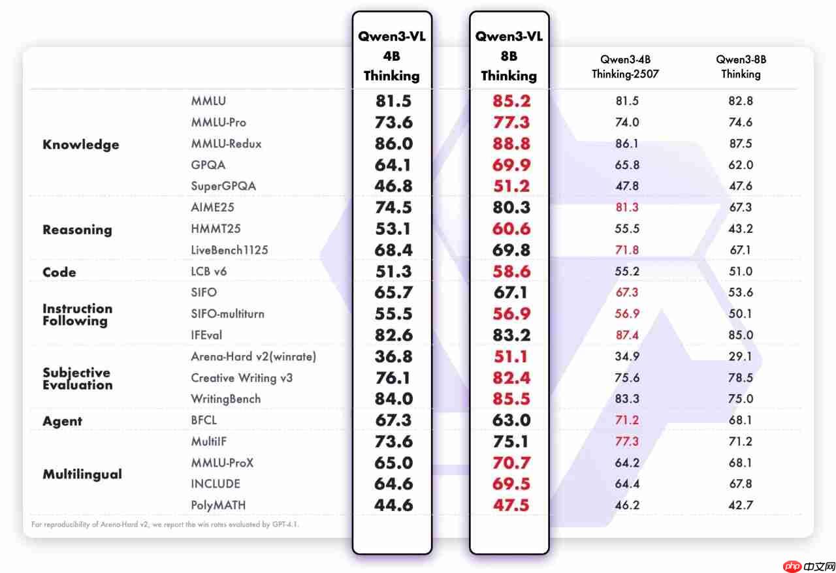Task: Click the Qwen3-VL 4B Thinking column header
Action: click(x=392, y=56)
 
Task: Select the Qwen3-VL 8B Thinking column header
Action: click(x=509, y=56)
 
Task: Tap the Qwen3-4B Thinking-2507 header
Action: click(x=626, y=67)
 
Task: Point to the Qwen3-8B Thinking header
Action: click(x=741, y=67)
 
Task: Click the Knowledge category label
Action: click(x=80, y=144)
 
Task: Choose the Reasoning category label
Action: click(x=77, y=230)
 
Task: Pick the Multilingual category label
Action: click(x=82, y=474)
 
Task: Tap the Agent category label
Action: click(x=63, y=421)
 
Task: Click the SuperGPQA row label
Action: click(x=223, y=186)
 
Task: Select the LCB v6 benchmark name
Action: click(x=209, y=271)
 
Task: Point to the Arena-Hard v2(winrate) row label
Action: click(x=253, y=356)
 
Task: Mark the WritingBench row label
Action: click(x=225, y=399)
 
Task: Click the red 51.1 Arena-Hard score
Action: click(x=511, y=356)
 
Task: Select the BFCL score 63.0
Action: click(x=511, y=420)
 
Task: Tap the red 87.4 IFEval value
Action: click(x=627, y=335)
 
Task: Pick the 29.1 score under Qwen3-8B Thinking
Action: click(x=741, y=356)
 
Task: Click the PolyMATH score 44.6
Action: click(x=394, y=505)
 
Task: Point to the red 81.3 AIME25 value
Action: click(x=627, y=208)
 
